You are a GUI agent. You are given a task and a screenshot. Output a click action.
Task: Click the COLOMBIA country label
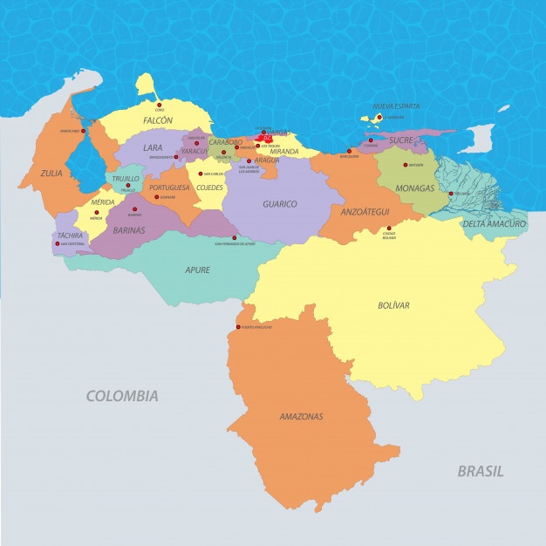point(122,396)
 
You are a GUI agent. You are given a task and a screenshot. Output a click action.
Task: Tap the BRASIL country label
point(481,471)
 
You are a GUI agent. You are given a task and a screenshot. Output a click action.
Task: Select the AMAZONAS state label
point(302,417)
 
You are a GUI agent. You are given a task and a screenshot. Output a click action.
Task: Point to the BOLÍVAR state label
point(394,305)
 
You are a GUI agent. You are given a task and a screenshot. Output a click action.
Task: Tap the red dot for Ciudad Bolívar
point(389,230)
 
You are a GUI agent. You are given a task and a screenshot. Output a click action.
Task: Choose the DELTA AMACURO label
point(495,224)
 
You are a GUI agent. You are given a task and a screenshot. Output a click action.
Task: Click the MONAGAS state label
point(414,188)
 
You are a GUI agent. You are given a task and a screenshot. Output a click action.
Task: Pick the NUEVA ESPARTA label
point(396,106)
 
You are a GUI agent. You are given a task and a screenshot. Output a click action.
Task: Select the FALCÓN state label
point(158,120)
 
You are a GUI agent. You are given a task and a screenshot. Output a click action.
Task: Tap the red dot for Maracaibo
point(84,131)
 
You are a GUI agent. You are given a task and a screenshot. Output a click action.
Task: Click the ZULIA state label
point(51,174)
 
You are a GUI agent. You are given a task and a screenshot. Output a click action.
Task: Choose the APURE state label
point(197,270)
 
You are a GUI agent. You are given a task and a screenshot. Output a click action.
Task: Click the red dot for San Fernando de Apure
point(234,238)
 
